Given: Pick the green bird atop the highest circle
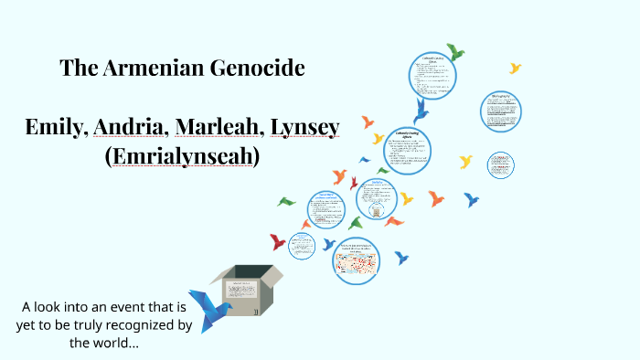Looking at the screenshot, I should (x=454, y=53).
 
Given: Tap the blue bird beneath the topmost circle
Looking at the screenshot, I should (x=421, y=111).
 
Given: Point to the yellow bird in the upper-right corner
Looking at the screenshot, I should (x=516, y=68).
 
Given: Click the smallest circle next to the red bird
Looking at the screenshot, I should (x=301, y=245).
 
